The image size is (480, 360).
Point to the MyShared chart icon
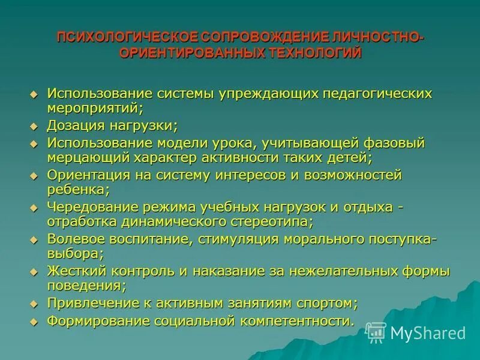coord(376,332)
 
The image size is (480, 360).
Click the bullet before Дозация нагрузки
coord(34,126)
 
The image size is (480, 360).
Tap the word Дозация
coord(74,126)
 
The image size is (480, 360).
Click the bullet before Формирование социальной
coord(34,320)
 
